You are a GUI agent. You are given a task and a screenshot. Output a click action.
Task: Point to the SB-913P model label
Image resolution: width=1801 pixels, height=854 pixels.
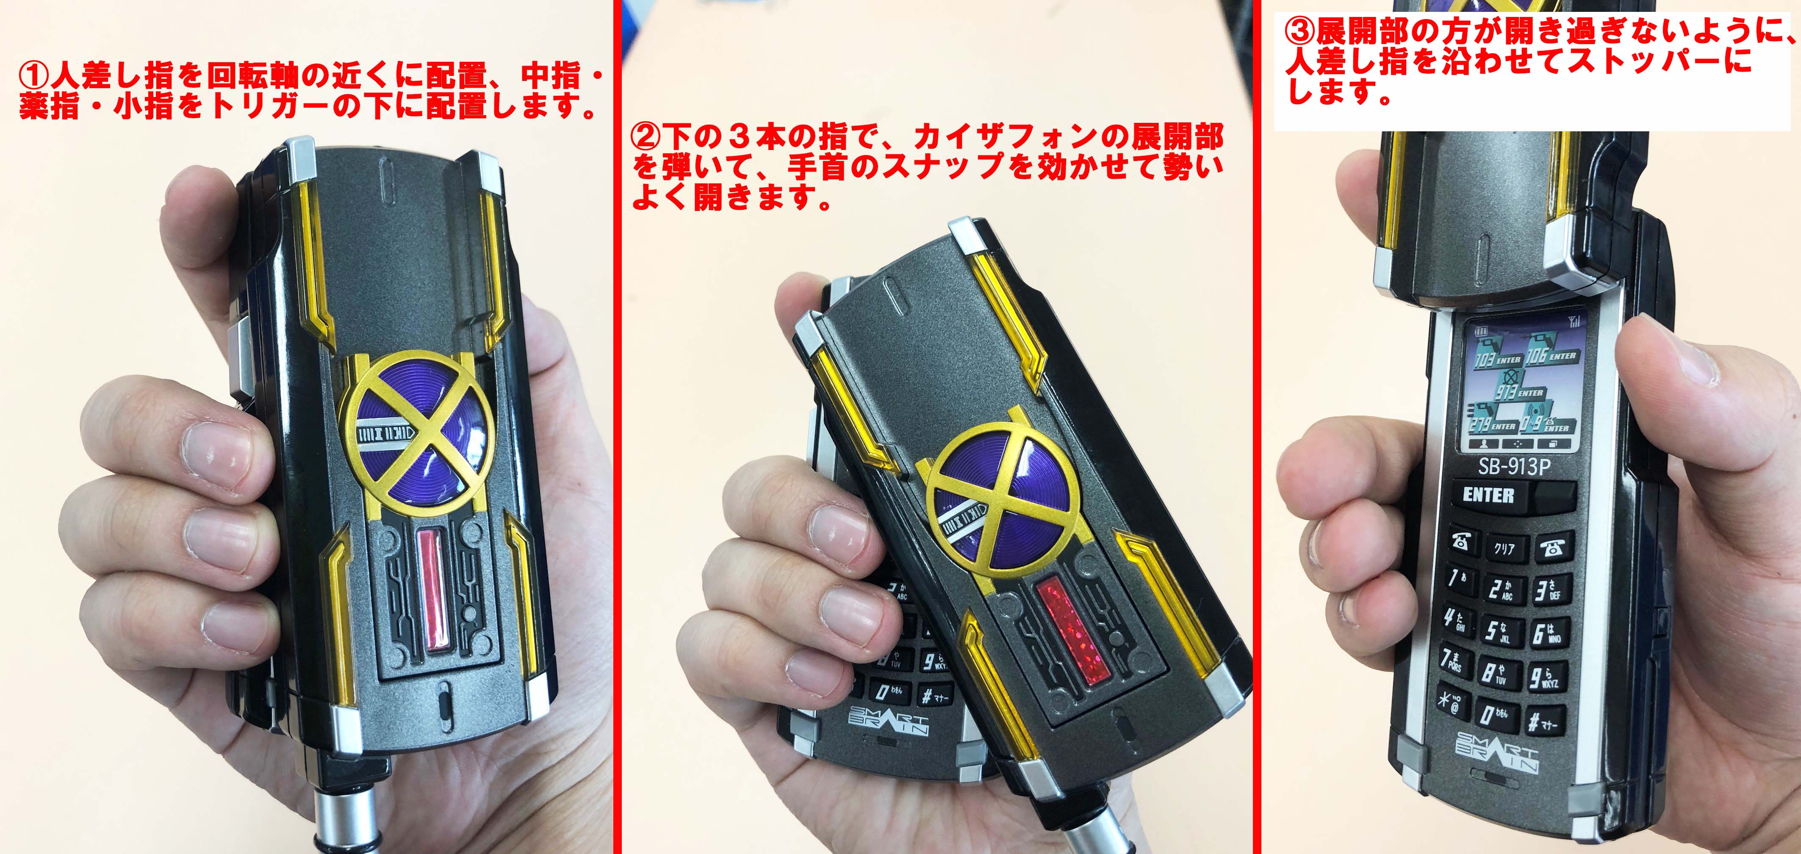click(x=1513, y=466)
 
